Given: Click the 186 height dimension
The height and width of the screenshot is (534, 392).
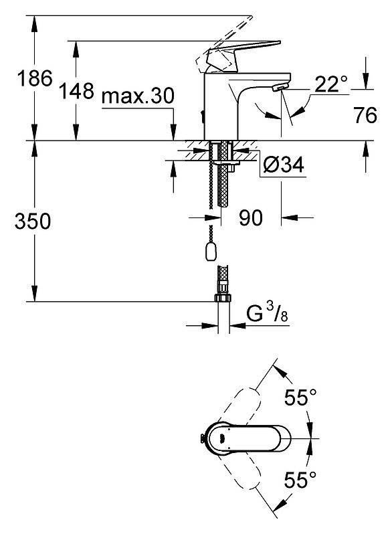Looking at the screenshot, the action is pos(35,78).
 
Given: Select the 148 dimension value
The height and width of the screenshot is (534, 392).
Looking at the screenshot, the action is pos(76,91).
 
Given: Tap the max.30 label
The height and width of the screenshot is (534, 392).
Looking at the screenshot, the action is pos(138,96).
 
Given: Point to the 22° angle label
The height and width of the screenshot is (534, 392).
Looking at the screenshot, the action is pos(331,84).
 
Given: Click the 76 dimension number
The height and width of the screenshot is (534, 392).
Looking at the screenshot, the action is pos(365,115).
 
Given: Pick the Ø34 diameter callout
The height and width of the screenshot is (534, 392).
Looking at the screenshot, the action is pos(284,165).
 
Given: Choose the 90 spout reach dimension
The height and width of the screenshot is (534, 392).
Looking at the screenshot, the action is pos(251,217).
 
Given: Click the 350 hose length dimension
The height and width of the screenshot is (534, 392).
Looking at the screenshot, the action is pos(33,221).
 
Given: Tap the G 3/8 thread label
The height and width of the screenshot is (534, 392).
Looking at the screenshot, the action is pos(268,314).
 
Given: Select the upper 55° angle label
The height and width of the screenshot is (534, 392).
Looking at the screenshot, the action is pos(300,397).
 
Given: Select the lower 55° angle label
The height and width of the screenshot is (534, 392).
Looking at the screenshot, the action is pos(300,480).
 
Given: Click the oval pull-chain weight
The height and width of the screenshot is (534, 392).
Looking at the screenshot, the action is pos(211,252).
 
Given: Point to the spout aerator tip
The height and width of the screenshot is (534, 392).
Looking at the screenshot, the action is pos(280,88).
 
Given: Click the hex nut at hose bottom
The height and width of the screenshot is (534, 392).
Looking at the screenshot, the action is pos(223,298).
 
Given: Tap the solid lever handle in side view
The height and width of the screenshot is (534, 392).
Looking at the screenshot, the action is pos(239,54).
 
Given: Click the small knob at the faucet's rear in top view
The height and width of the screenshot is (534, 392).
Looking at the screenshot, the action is pos(202,439).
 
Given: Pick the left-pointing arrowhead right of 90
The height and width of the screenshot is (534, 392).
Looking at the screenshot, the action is pos(290,217).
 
